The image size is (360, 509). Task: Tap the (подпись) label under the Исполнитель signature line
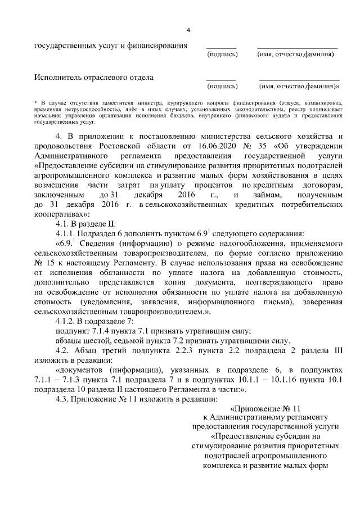click(222, 87)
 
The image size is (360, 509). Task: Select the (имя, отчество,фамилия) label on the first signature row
click(296, 55)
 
